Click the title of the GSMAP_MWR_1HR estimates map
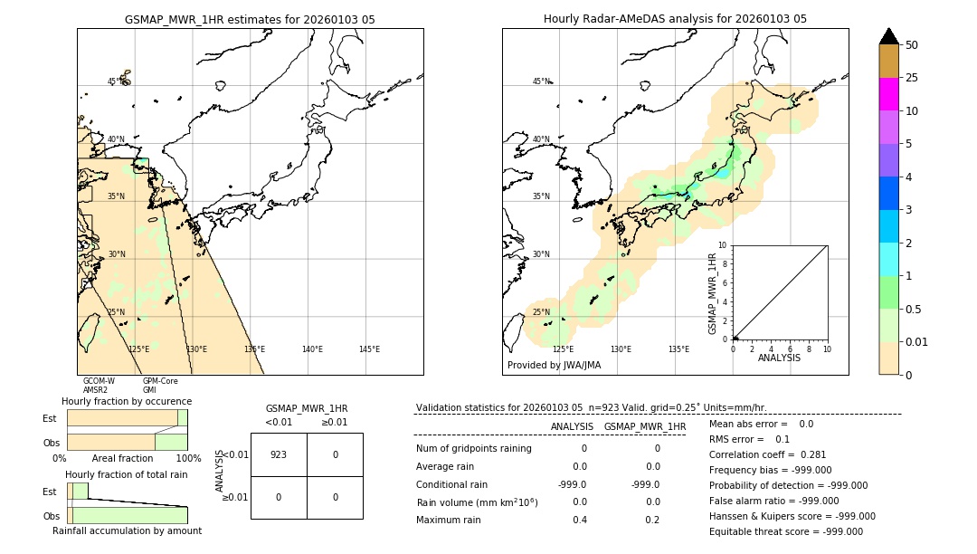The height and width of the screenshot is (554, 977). [250, 19]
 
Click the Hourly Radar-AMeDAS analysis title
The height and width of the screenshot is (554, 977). [675, 19]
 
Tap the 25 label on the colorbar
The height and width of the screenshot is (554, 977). [912, 78]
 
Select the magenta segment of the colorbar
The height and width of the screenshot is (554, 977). [888, 94]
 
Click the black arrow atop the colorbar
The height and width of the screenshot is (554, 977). [888, 36]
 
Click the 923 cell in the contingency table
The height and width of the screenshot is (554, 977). [279, 454]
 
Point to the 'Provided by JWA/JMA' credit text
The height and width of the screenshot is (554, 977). [554, 366]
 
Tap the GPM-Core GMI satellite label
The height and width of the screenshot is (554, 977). [159, 386]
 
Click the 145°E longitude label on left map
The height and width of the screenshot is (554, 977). [369, 349]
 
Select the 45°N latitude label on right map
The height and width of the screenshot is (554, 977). [541, 81]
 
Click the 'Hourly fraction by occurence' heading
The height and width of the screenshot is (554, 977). [127, 401]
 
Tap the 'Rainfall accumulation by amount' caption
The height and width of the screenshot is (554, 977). [127, 530]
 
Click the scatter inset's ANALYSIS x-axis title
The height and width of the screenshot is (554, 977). [779, 358]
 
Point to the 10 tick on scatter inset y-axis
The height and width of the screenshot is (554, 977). [723, 245]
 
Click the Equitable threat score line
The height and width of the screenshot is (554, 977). [786, 531]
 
